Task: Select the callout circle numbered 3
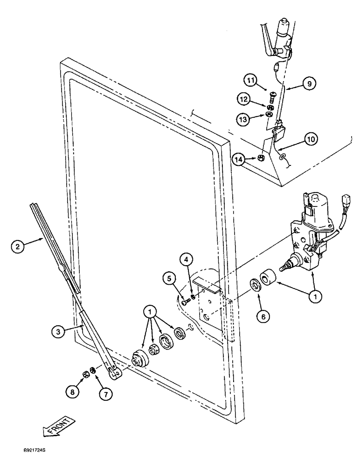click(58, 331)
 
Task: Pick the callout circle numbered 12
click(244, 98)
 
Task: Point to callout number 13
click(244, 119)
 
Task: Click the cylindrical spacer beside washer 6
click(268, 275)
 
